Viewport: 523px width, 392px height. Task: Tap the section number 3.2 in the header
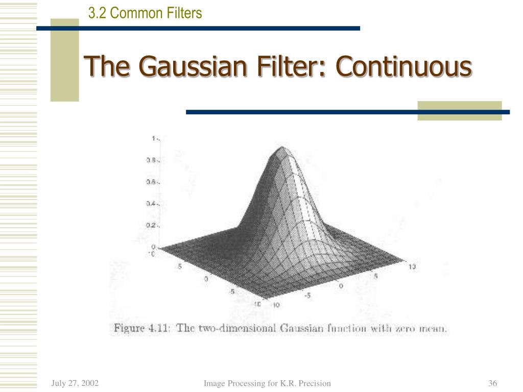pyautogui.click(x=97, y=12)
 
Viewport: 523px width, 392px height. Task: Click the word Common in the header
pyautogui.click(x=134, y=12)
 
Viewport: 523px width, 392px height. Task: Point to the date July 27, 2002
pyautogui.click(x=75, y=383)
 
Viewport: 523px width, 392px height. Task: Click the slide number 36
pyautogui.click(x=493, y=383)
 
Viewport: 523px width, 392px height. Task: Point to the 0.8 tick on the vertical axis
pyautogui.click(x=151, y=160)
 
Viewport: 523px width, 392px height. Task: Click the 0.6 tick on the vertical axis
pyautogui.click(x=151, y=182)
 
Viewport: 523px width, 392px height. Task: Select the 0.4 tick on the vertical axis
pyautogui.click(x=151, y=204)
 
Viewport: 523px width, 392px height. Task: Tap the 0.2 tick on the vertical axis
pyautogui.click(x=151, y=225)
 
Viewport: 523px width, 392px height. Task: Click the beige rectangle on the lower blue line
pyautogui.click(x=459, y=111)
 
